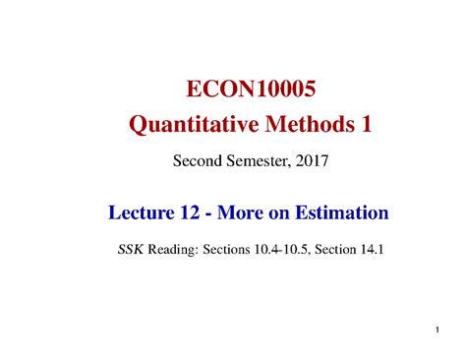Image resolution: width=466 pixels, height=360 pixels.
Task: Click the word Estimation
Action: pos(346,211)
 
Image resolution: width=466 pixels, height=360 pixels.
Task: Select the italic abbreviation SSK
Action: pos(129,250)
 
